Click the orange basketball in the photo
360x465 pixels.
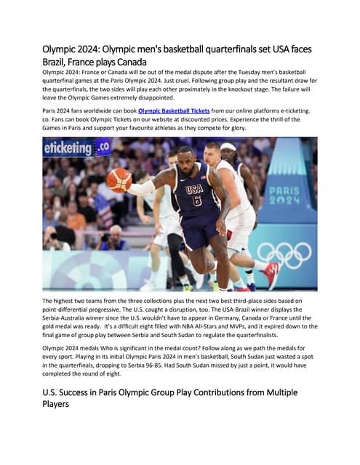119,179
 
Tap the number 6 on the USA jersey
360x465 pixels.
196,201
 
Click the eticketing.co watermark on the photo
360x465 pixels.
76,147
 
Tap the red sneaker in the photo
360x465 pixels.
271,275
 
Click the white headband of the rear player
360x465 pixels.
228,147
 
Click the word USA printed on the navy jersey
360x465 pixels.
193,189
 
